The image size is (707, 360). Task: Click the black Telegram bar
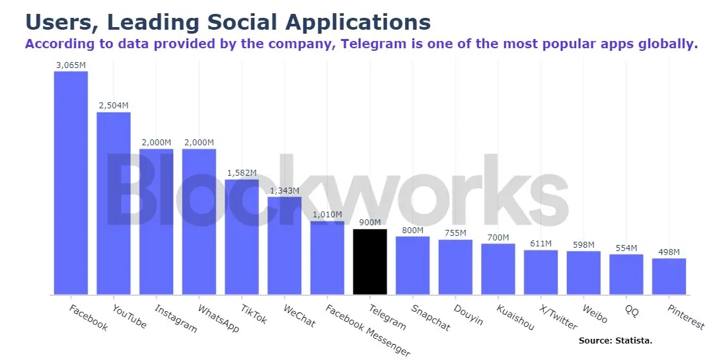(370, 262)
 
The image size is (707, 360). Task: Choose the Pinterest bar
(669, 276)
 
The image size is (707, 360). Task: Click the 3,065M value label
(71, 65)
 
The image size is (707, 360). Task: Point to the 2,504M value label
(114, 106)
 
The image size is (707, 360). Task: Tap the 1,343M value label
(284, 191)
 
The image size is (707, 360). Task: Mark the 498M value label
(669, 252)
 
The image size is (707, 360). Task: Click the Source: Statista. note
(615, 341)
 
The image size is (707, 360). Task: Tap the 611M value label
(540, 244)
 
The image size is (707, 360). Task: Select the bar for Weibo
(583, 273)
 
